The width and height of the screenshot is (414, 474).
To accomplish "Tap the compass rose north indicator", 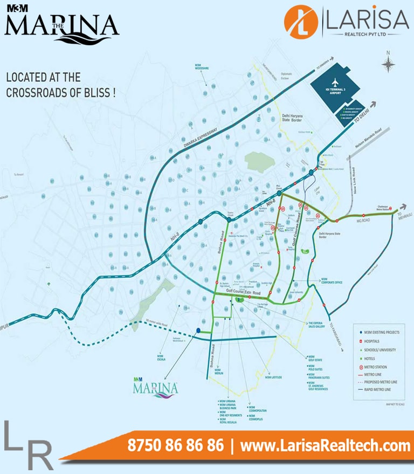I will pyautogui.click(x=388, y=63).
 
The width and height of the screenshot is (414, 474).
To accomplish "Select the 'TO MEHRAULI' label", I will pyautogui.click(x=404, y=215).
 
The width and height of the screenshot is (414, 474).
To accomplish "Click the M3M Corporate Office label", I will pyautogui.click(x=332, y=281).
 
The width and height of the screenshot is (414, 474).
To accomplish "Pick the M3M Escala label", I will pyautogui.click(x=160, y=357).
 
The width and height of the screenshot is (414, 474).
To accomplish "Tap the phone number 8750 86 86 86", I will pyautogui.click(x=176, y=446).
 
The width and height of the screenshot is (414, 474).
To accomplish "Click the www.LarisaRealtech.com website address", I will pyautogui.click(x=325, y=446).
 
